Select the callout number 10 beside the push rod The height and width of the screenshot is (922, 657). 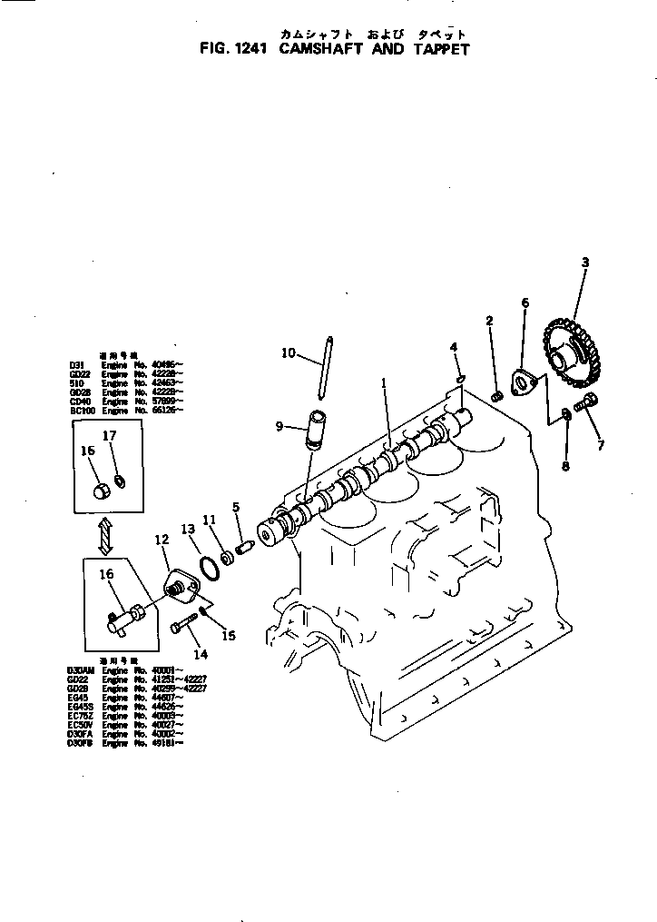pos(288,353)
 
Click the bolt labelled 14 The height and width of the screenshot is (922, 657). pos(185,626)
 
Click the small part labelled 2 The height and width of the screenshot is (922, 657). pos(496,396)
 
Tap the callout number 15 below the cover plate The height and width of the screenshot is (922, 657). pos(229,636)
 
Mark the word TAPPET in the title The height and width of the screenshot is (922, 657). pos(442,49)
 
